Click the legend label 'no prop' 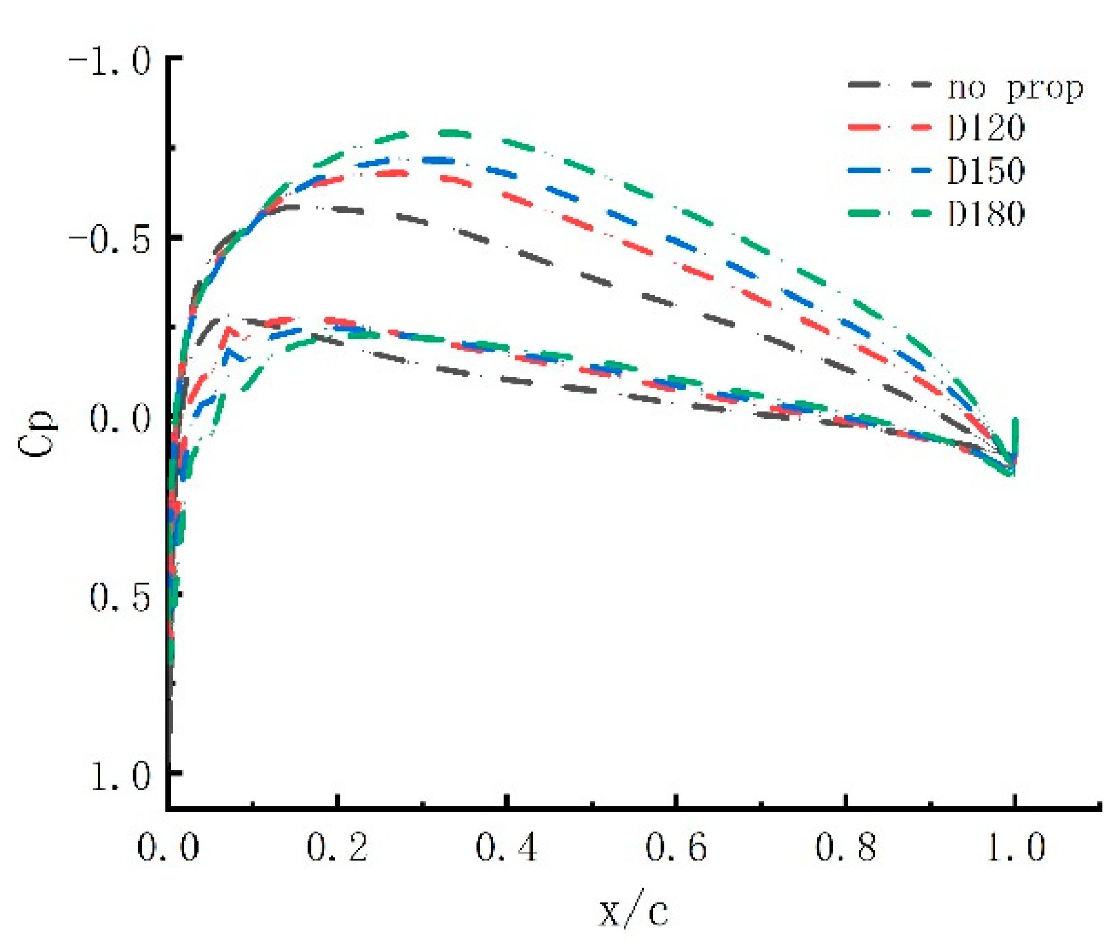pos(1014,88)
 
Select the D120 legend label pos(985,129)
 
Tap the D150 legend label pos(985,171)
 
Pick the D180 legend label pos(985,213)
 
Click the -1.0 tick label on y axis pos(110,62)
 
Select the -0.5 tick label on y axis pos(110,240)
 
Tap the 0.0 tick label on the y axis pos(120,418)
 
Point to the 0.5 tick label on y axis pos(120,596)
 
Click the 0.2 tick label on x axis pos(337,848)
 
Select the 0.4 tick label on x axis pos(506,848)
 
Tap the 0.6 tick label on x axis pos(676,848)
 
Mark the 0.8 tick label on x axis pos(845,848)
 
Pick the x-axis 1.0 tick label pos(1014,848)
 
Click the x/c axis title pos(634,911)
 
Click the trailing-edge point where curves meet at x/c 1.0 pos(1013,464)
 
